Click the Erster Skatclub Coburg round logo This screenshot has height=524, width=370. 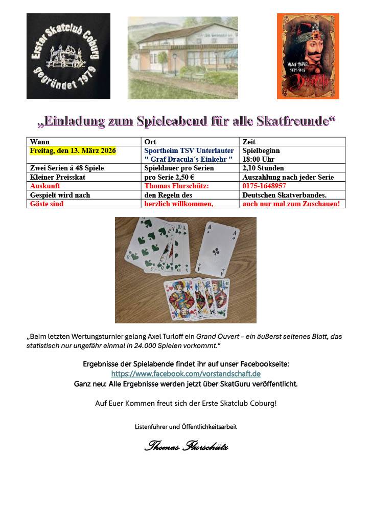(68, 56)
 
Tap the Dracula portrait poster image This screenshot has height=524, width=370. (308, 56)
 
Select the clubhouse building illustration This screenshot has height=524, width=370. (182, 57)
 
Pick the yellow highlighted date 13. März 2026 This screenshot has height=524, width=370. (73, 151)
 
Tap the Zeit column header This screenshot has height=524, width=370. (249, 142)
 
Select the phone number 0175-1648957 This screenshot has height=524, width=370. (264, 186)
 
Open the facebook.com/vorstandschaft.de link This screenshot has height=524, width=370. (186, 374)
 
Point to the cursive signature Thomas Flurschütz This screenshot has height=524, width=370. (186, 446)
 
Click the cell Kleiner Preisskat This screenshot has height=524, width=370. (58, 177)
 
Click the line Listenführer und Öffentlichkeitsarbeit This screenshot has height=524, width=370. (186, 426)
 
